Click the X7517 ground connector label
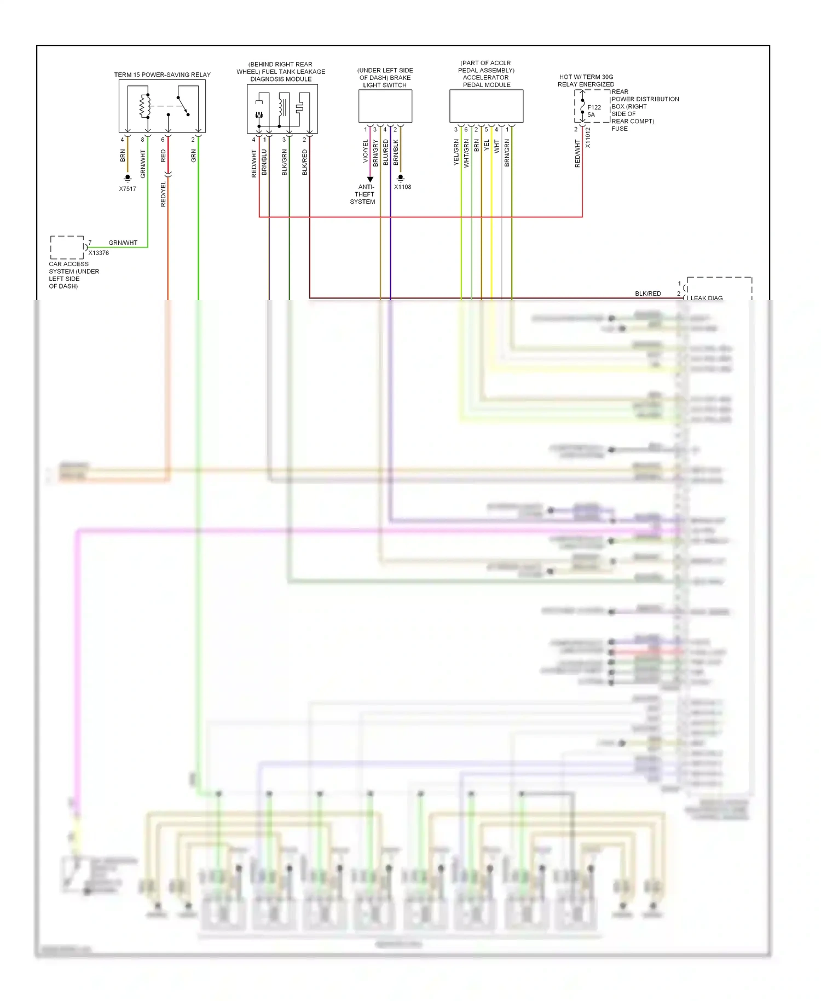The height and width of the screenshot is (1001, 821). (128, 189)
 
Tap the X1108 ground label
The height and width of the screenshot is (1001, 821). (402, 187)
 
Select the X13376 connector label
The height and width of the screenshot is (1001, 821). (99, 253)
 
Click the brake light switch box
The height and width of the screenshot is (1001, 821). (385, 106)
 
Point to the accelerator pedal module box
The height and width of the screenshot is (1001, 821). (486, 106)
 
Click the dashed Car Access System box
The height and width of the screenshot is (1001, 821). (67, 248)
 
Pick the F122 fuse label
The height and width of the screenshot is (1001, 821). (594, 107)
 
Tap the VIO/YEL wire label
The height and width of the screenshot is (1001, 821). (366, 151)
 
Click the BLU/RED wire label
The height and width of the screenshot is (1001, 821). (386, 152)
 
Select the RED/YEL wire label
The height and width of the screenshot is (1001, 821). (163, 194)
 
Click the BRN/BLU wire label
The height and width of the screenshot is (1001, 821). (264, 162)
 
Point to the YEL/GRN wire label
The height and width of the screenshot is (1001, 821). (456, 152)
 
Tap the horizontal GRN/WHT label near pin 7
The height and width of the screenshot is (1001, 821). (123, 243)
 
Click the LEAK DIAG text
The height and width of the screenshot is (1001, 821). (707, 298)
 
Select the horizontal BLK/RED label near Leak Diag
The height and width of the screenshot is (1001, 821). (648, 294)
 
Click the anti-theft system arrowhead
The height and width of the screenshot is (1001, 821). (371, 179)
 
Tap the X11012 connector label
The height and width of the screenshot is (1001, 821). (588, 138)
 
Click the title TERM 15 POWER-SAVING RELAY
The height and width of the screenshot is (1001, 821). (162, 75)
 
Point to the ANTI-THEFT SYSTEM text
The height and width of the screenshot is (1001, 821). (363, 194)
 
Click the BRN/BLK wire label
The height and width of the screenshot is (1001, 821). (396, 152)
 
